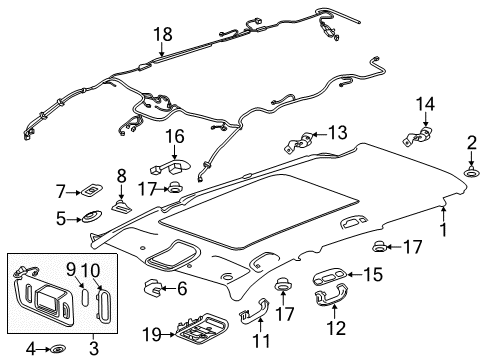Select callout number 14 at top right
coord(426,103)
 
